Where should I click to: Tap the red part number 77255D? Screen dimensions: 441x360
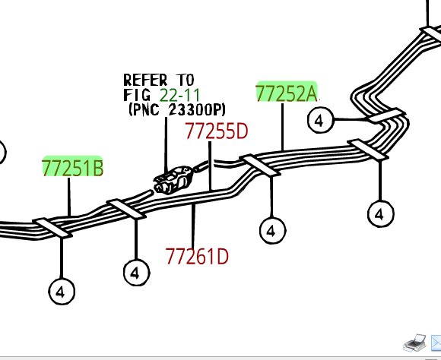(217, 131)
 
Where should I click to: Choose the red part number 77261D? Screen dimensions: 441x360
(197, 256)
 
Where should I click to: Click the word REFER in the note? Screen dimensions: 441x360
(145, 80)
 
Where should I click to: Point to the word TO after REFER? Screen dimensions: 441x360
(186, 80)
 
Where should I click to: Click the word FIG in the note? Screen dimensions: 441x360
(137, 95)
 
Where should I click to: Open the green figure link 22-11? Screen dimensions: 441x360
(179, 95)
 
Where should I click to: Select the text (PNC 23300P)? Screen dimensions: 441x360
(177, 109)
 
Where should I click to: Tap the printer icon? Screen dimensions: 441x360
(414, 343)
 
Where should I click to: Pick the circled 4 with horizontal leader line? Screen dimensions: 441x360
(320, 120)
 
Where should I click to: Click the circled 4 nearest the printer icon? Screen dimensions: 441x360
(380, 214)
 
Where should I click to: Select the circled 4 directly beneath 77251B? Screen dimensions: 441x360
(62, 291)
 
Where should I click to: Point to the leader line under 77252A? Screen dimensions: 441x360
(282, 127)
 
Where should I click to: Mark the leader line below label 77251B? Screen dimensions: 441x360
(69, 197)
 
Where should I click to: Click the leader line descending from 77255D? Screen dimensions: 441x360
(210, 166)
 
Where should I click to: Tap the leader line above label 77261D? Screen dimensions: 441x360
(193, 226)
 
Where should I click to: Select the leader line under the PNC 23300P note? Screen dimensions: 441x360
(166, 144)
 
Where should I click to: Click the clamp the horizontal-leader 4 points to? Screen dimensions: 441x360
(387, 115)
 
